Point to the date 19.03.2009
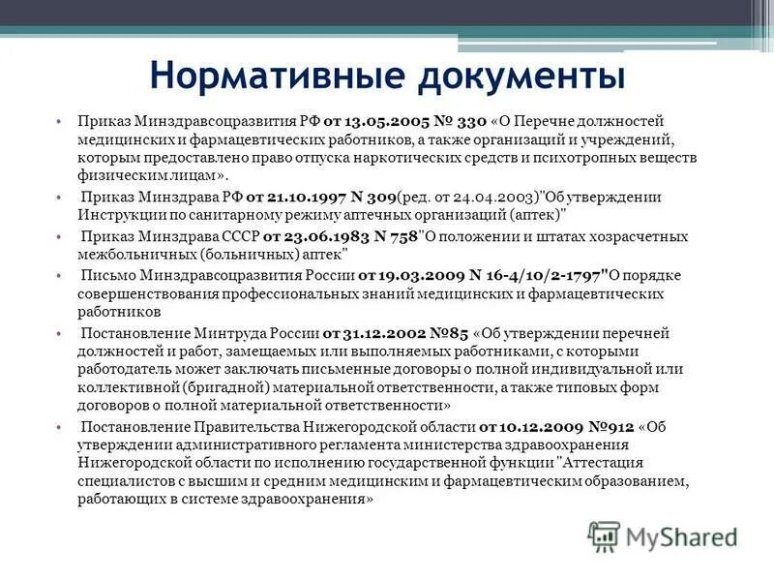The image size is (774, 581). pyautogui.click(x=404, y=274)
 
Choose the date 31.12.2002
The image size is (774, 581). pyautogui.click(x=366, y=332)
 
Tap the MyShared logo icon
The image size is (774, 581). pyautogui.click(x=605, y=535)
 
